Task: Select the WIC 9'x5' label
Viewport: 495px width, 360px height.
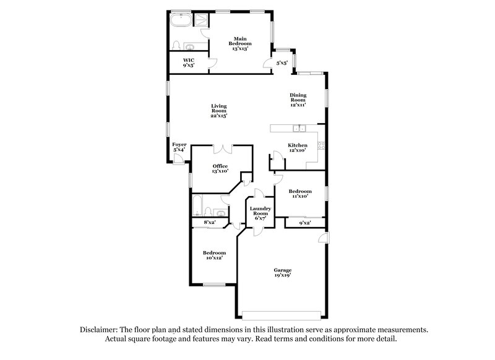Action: pyautogui.click(x=188, y=62)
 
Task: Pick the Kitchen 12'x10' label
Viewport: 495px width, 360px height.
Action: pyautogui.click(x=298, y=148)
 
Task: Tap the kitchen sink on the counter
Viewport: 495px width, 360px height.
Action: pyautogui.click(x=299, y=129)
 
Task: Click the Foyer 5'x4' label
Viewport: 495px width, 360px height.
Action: pyautogui.click(x=179, y=147)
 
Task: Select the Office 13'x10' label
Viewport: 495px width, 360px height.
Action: pyautogui.click(x=220, y=169)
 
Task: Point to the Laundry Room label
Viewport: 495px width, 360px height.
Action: pyautogui.click(x=260, y=214)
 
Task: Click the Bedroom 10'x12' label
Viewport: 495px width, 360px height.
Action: pyautogui.click(x=215, y=255)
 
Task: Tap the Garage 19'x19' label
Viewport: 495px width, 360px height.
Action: pyautogui.click(x=283, y=273)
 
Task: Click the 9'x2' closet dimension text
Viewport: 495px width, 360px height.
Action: pyautogui.click(x=304, y=223)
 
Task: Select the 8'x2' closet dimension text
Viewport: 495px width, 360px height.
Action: pyautogui.click(x=210, y=223)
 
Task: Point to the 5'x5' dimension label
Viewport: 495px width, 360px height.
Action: pyautogui.click(x=281, y=62)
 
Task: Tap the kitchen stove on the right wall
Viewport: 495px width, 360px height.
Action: pyautogui.click(x=321, y=145)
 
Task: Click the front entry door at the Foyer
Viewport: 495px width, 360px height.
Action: pyautogui.click(x=178, y=159)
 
